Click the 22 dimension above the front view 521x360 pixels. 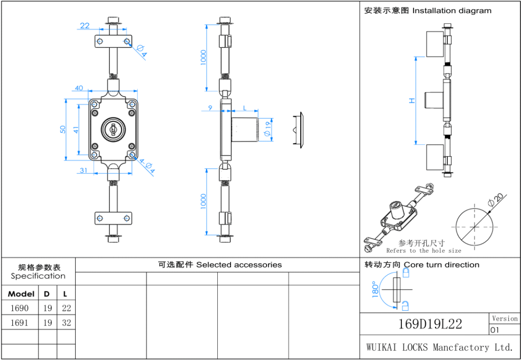pos(85,26)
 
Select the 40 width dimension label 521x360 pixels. pos(79,88)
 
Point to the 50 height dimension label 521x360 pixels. pos(63,129)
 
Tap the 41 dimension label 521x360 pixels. pos(76,130)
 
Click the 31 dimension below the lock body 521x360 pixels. pos(83,170)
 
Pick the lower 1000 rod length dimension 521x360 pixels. pos(204,201)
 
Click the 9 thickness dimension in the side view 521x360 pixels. pos(210,108)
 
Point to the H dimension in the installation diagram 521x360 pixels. pos(413,101)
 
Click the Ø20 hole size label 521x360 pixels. pos(495,199)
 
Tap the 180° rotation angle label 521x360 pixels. pos(375,290)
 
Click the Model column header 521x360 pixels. pos(21,294)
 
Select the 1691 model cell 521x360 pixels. pos(19,323)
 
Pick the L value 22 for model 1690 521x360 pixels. pos(67,308)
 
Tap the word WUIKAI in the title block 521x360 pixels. pos(383,348)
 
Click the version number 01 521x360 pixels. pos(495,330)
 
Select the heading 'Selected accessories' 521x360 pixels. pos(239,265)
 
